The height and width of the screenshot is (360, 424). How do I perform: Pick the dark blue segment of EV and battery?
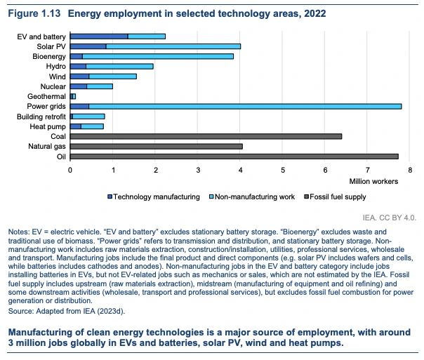pyautogui.click(x=99, y=36)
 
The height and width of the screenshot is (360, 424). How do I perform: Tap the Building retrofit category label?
pyautogui.click(x=43, y=116)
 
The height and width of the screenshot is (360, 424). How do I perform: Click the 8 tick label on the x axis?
pyautogui.click(x=410, y=169)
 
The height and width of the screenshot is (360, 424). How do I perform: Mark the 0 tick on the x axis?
pyautogui.click(x=70, y=169)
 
